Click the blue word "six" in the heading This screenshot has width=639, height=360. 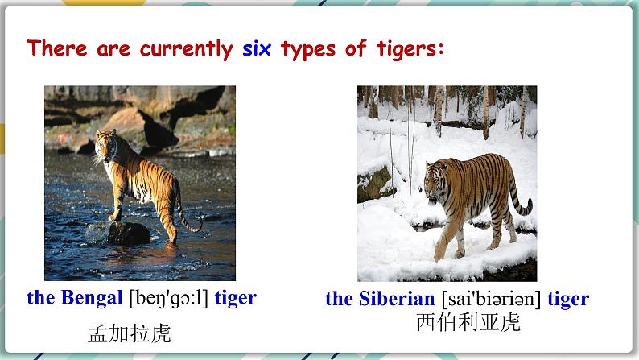click(257, 48)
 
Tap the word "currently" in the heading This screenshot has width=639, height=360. click(186, 49)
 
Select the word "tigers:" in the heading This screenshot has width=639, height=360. click(410, 49)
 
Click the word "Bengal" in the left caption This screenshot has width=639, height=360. click(92, 298)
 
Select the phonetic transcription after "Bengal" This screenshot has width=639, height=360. click(169, 299)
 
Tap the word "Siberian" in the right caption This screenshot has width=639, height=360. click(397, 299)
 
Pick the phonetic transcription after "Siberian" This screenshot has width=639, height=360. click(491, 300)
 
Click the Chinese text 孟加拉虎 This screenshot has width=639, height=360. click(130, 333)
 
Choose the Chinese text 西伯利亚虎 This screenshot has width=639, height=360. click(468, 322)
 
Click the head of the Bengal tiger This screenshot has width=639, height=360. click(105, 145)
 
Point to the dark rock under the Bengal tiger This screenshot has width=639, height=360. click(129, 234)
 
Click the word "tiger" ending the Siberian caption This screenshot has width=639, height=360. click(568, 299)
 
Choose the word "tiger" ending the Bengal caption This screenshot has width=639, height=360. click(236, 298)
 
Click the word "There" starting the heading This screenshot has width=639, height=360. click(57, 48)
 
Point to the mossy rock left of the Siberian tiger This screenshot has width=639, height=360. click(373, 184)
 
